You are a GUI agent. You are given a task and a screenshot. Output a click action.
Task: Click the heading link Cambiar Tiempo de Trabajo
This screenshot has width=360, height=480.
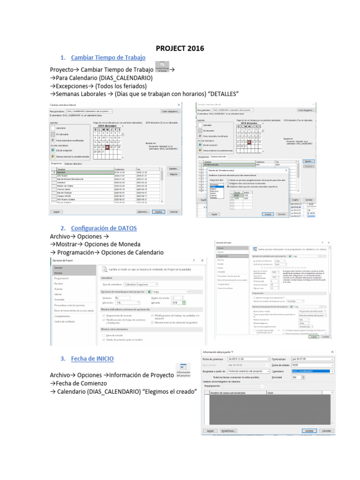click(108, 57)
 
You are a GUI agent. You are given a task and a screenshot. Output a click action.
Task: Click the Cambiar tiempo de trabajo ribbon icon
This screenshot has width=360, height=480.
click(162, 67)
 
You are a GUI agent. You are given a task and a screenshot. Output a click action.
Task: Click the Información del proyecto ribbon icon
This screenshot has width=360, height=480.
click(183, 370)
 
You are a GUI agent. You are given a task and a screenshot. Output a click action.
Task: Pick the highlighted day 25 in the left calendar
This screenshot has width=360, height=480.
click(107, 146)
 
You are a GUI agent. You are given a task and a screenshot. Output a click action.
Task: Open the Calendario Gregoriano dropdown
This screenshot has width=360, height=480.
click(141, 284)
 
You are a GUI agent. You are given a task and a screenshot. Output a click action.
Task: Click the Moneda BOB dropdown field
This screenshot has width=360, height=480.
click(179, 303)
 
